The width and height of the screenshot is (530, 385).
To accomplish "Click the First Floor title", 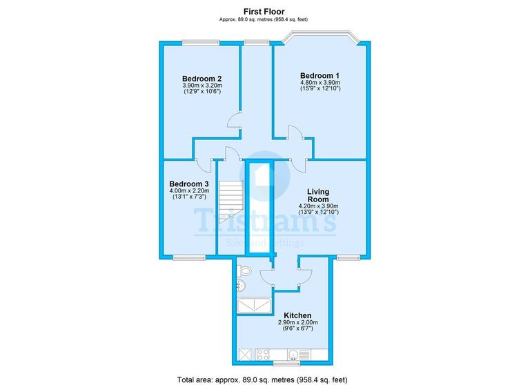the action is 264,12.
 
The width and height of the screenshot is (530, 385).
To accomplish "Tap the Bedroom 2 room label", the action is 202,79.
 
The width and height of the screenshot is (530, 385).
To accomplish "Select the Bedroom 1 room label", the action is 320,75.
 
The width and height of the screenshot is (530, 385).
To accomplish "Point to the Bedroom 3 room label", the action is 189,184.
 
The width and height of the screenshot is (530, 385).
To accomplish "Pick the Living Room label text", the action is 318,195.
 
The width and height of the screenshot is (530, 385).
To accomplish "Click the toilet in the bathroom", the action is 244,270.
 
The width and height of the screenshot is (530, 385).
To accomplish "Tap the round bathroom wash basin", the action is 242,286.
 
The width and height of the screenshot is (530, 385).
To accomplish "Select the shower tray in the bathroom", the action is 254,305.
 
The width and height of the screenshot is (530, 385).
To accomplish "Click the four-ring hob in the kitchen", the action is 263,355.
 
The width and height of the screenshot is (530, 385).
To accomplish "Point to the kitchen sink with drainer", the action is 299,355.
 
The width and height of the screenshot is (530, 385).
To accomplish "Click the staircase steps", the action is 232,196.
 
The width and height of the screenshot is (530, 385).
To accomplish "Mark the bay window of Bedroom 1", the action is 320,37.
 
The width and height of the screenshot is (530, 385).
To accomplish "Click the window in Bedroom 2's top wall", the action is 201,42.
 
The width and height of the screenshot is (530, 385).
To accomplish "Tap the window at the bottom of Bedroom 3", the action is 189,257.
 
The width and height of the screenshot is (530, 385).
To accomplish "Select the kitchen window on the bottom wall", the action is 286,364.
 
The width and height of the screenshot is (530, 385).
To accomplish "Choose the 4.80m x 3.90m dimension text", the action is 320,83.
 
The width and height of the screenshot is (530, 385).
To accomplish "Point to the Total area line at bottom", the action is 262,379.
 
